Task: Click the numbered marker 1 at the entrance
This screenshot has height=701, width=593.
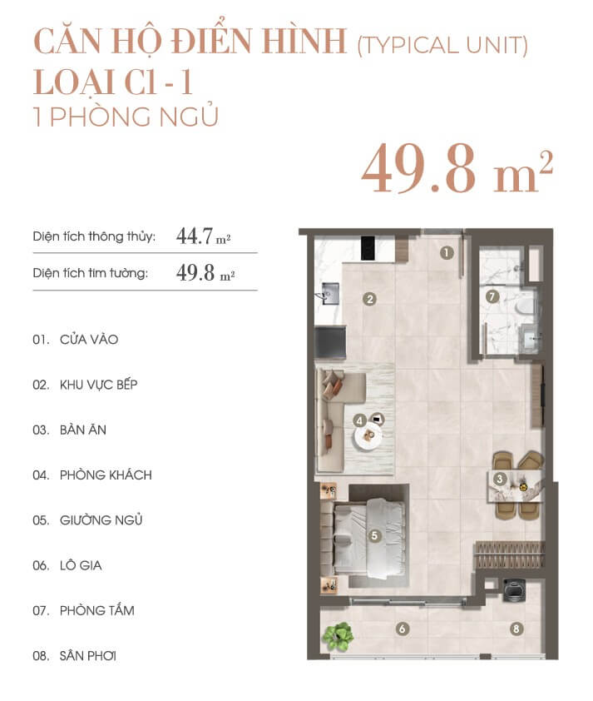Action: tap(446, 253)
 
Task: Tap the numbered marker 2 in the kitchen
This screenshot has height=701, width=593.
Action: tap(369, 299)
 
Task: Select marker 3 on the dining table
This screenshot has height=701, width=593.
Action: tap(499, 480)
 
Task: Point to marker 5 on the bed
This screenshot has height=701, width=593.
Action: tap(374, 535)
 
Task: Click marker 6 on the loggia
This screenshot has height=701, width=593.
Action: tap(402, 629)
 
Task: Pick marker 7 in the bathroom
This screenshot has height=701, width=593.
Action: tap(492, 296)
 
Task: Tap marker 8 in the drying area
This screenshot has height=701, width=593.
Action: tap(516, 629)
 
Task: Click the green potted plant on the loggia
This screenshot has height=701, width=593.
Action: tap(338, 636)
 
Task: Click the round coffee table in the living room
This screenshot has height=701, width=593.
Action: tap(368, 436)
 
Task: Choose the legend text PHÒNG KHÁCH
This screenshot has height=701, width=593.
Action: tap(106, 475)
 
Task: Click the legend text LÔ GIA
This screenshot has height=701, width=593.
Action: tap(81, 565)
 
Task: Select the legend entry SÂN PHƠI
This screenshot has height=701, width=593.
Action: tap(88, 656)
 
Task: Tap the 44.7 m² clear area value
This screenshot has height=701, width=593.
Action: tap(204, 236)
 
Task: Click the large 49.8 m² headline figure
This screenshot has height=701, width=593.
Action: tap(457, 168)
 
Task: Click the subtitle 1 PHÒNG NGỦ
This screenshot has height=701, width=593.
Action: tap(126, 117)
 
